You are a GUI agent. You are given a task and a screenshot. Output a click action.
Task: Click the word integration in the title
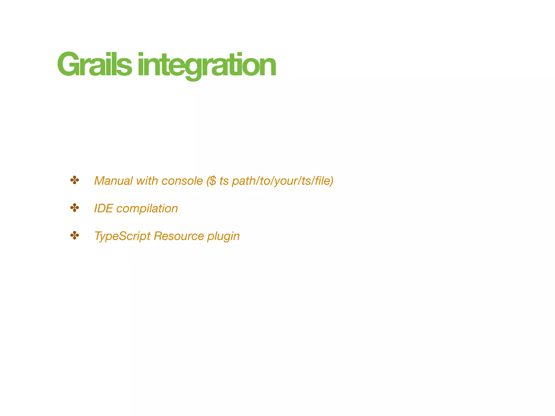click(206, 65)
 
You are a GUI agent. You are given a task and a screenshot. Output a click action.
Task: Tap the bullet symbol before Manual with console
click(75, 180)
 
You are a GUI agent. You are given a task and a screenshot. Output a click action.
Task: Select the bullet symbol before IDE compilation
click(75, 208)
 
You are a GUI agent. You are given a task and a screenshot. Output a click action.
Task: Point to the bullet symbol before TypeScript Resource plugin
click(75, 236)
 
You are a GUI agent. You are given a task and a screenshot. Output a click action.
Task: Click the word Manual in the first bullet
click(114, 181)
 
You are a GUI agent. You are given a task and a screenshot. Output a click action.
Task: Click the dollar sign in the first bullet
click(213, 181)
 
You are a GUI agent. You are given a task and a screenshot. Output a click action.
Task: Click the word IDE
click(103, 209)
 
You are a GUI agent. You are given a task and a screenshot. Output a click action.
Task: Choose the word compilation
click(147, 209)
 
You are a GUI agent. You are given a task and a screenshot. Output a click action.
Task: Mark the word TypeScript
click(122, 236)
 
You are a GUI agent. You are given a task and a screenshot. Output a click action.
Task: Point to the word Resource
click(179, 236)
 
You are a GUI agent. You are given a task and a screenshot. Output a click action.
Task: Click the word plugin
click(223, 236)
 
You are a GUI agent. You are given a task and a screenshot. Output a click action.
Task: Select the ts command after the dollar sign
click(224, 181)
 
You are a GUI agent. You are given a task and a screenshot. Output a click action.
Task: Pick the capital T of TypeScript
click(98, 236)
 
